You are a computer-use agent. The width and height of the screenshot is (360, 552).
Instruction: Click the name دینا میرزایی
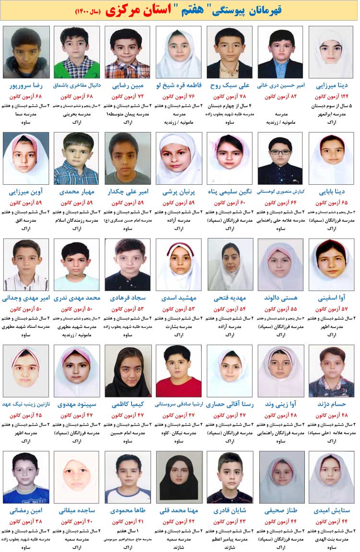[x=332, y=86]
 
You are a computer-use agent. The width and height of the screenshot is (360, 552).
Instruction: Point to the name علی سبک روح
[x=230, y=86]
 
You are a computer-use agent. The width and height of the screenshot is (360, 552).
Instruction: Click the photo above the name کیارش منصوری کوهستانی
[x=280, y=158]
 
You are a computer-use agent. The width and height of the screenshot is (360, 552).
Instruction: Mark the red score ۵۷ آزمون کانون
[x=332, y=309]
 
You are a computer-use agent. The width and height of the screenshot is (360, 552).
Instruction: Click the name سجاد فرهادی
[x=128, y=298]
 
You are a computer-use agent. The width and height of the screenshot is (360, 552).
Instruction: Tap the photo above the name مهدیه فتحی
[x=230, y=264]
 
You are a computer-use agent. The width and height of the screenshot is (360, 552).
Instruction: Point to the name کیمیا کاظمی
[x=128, y=405]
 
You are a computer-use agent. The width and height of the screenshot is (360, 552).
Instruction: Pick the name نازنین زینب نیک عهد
[x=26, y=405]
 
